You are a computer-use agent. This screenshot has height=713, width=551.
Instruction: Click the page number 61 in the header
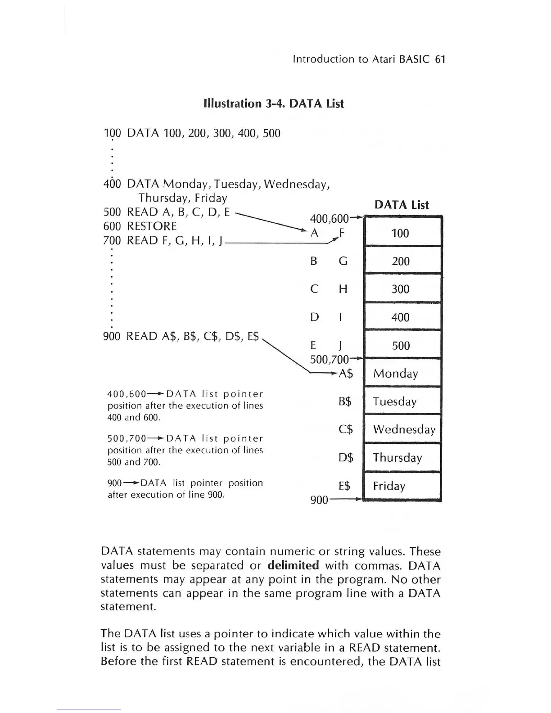[x=440, y=59]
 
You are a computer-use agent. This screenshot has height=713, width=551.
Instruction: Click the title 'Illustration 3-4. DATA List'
[x=274, y=104]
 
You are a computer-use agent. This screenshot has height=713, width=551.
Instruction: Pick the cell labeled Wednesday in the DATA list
[x=403, y=429]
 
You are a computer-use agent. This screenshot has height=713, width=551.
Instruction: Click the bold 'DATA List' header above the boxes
[x=402, y=205]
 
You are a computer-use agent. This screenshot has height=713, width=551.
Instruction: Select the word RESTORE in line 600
[x=152, y=226]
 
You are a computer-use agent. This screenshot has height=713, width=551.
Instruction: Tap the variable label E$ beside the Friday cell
[x=344, y=486]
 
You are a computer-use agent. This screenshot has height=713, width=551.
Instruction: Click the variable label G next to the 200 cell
[x=343, y=261]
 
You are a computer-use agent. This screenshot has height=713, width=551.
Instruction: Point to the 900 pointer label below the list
[x=319, y=500]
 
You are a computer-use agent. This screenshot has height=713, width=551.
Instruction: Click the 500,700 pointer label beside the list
[x=330, y=359]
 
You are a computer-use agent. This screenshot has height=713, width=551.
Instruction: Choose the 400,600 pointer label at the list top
[x=329, y=219]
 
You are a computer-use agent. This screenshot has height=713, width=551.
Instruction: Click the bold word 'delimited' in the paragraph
[x=293, y=565]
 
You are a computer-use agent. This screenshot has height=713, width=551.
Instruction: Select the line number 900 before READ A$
[x=112, y=336]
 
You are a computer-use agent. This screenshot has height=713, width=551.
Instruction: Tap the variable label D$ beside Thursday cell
[x=346, y=458]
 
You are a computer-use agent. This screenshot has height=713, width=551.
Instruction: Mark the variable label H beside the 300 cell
[x=343, y=289]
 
